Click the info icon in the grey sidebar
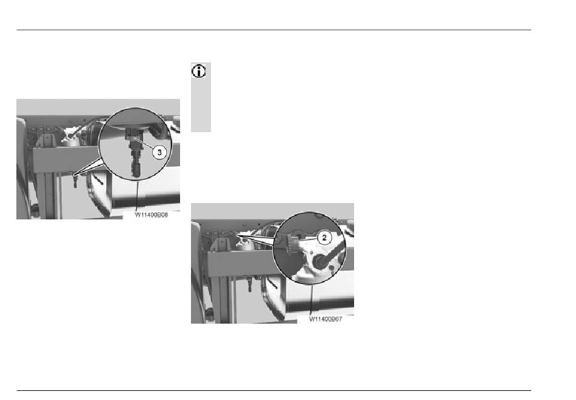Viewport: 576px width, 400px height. coord(199,72)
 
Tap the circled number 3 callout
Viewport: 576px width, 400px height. coord(159,152)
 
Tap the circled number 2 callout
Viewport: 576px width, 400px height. coord(324,238)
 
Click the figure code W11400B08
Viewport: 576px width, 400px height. coord(152,215)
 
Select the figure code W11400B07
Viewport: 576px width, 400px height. coord(326,319)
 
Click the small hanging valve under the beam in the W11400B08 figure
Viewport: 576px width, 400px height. coord(75,181)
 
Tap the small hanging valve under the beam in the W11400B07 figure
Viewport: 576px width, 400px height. coord(249,285)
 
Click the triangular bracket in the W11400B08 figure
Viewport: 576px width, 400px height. coord(46,141)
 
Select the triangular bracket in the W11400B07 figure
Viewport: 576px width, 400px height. coord(221,245)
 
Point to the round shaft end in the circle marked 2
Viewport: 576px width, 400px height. coord(318,262)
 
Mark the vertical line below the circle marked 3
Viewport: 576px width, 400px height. coord(136,195)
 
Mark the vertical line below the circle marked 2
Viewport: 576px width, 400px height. coord(312,299)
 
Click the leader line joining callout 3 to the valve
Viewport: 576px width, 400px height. coord(144,144)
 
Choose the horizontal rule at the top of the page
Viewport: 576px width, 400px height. coord(273,30)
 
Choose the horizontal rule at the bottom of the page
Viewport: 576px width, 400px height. coord(273,390)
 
